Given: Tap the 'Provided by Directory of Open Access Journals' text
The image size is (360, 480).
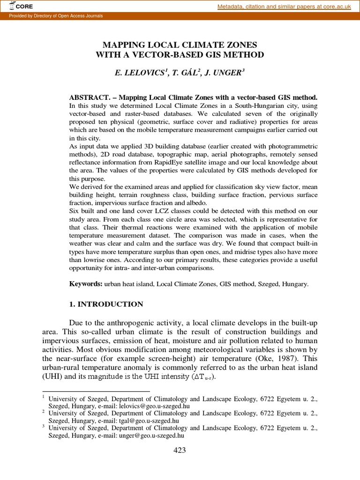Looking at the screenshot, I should click(x=53, y=16).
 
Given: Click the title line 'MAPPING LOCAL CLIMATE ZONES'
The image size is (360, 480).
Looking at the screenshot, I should click(x=180, y=45).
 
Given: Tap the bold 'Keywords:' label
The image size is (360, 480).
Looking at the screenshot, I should click(x=86, y=284).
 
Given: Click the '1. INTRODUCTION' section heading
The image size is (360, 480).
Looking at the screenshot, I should click(x=106, y=304).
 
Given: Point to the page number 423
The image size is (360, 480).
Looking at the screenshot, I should click(x=180, y=450).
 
